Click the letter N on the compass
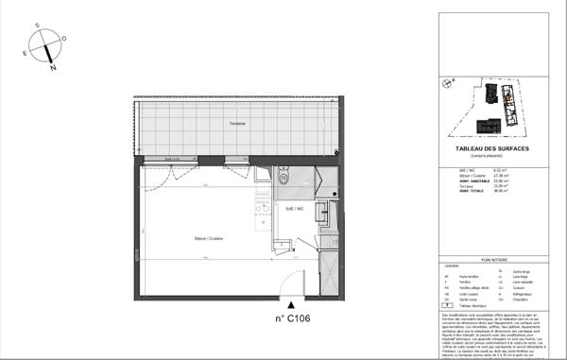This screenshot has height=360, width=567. [x=55, y=69]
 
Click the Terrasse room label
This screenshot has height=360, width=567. [x=236, y=125]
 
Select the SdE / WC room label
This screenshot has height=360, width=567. [x=294, y=208]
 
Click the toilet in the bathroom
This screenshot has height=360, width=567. [x=283, y=176]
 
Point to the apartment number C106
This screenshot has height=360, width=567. [x=293, y=319]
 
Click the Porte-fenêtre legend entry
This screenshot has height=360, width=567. [x=464, y=278]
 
